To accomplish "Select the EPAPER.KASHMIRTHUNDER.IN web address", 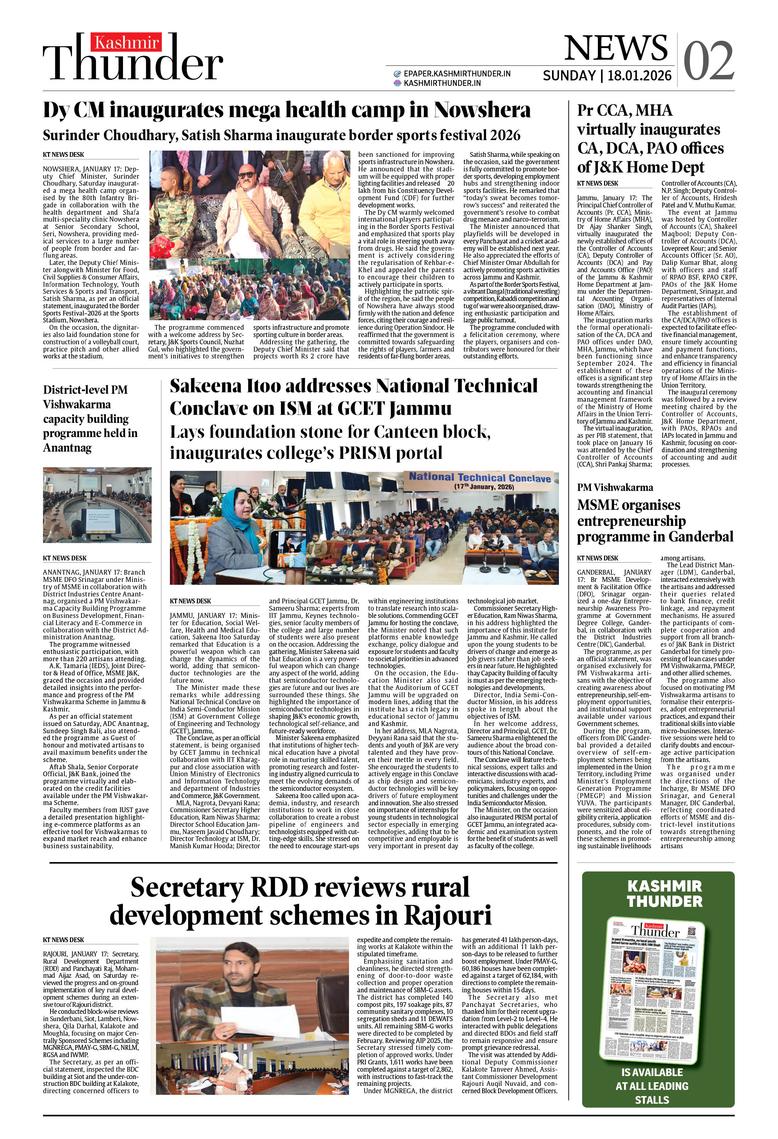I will [x=457, y=74].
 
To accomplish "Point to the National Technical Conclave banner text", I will [x=480, y=477].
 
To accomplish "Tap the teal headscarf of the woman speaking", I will [x=236, y=507].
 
